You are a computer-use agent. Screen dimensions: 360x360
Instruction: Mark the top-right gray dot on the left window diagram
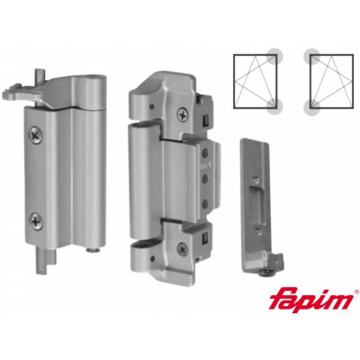click(279, 55)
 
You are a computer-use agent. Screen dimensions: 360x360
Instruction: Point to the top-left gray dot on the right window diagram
click(310, 55)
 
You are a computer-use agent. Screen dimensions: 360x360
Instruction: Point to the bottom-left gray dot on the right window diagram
click(311, 112)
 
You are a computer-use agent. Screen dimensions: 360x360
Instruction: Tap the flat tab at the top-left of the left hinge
click(24, 90)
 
